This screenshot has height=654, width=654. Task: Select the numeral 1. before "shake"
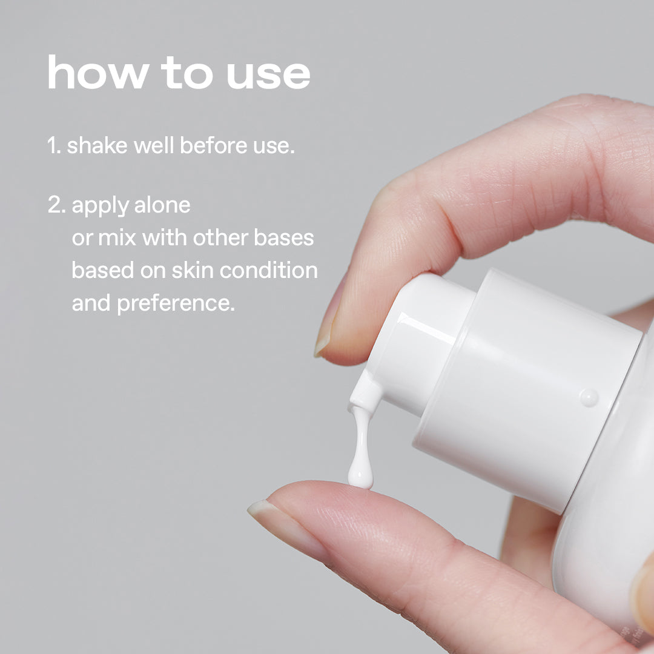[54, 145]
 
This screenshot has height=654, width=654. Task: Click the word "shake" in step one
[97, 145]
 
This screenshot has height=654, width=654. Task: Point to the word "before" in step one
[214, 145]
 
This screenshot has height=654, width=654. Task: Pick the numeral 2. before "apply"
[57, 205]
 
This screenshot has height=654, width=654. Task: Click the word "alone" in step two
[162, 205]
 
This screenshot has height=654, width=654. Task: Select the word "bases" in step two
[283, 238]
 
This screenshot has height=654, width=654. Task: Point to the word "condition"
[269, 270]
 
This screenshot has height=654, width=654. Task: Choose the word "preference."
[176, 304]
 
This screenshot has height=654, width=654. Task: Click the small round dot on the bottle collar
[589, 397]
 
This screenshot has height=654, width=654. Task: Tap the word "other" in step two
[220, 238]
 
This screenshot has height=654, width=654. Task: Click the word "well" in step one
[153, 145]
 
